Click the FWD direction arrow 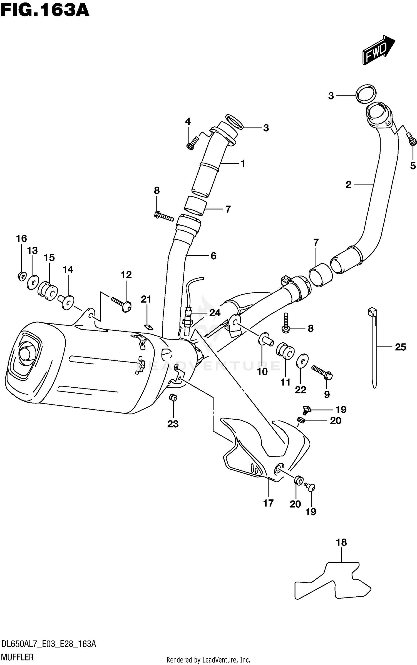(x=378, y=50)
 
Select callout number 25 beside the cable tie (x=400, y=347)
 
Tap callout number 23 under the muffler (x=173, y=424)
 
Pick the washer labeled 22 (x=302, y=360)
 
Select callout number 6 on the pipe (x=213, y=256)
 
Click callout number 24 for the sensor (x=215, y=313)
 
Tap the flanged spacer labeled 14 (x=66, y=302)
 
